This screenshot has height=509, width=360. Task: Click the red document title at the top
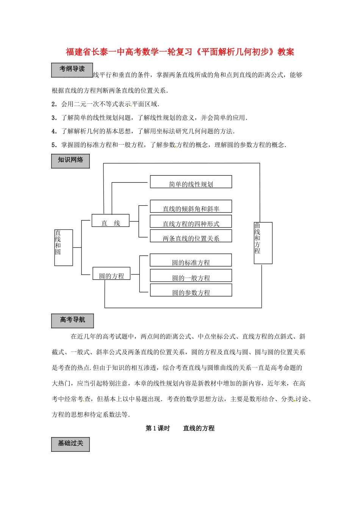pyautogui.click(x=180, y=52)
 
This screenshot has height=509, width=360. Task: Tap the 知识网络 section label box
pyautogui.click(x=70, y=161)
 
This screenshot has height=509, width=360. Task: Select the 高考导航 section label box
pyautogui.click(x=72, y=321)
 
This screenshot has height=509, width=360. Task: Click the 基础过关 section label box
pyautogui.click(x=70, y=444)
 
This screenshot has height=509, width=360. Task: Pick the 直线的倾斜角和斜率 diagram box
pyautogui.click(x=191, y=207)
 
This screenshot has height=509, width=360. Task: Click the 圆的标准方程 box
pyautogui.click(x=191, y=261)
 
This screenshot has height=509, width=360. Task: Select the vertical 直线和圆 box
pyautogui.click(x=63, y=248)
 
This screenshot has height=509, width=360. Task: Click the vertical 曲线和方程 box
pyautogui.click(x=263, y=243)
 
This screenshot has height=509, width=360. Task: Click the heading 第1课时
pyautogui.click(x=158, y=428)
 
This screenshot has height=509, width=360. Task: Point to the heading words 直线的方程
pyautogui.click(x=199, y=428)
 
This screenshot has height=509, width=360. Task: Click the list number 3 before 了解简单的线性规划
pyautogui.click(x=54, y=118)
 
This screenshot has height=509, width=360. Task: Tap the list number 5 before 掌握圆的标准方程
pyautogui.click(x=54, y=145)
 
